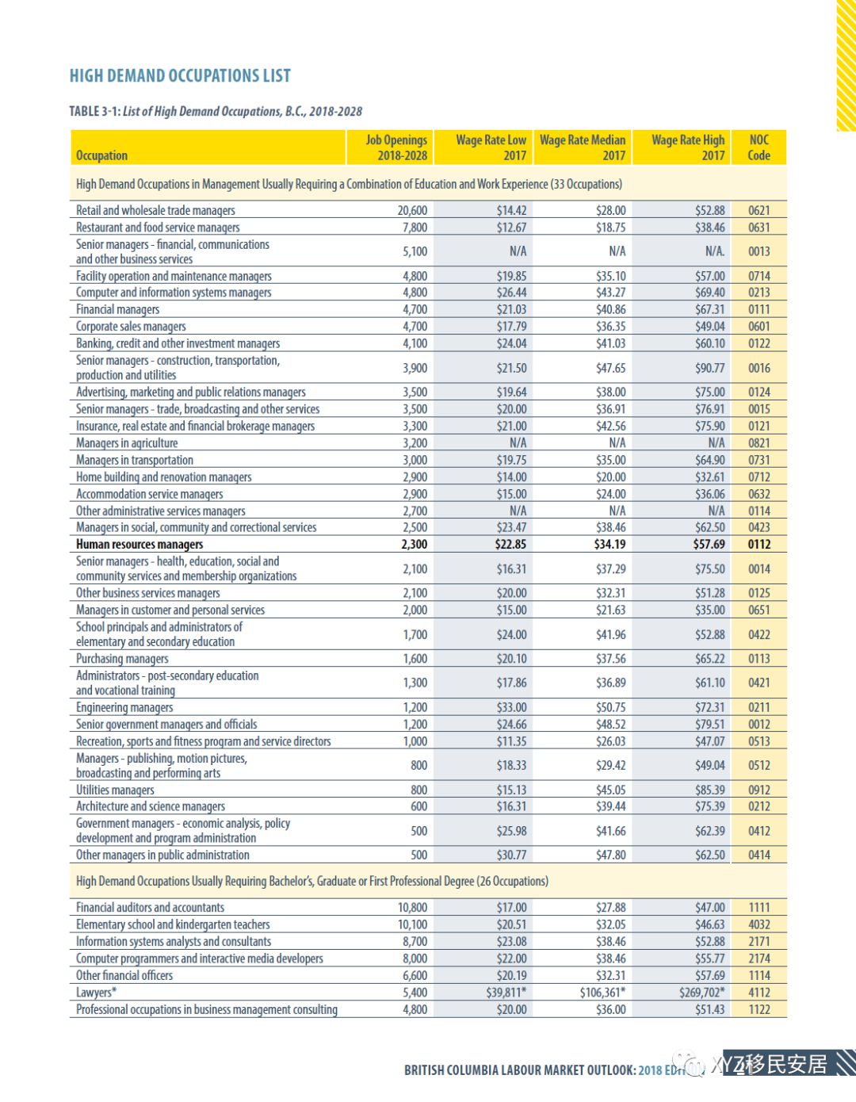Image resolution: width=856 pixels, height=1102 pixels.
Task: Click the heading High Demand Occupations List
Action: [x=180, y=76]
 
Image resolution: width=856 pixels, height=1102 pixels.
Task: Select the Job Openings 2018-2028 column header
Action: [x=396, y=147]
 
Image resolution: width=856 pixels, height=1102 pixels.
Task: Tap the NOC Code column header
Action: [x=759, y=147]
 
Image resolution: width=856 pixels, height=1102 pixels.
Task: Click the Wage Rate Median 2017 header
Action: [x=583, y=147]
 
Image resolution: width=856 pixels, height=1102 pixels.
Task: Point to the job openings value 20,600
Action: [x=412, y=210]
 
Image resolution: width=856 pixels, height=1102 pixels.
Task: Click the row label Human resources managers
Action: [x=139, y=545]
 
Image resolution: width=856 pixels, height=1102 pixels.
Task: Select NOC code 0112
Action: [x=759, y=545]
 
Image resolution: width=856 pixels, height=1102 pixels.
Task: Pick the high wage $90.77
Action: [x=709, y=368]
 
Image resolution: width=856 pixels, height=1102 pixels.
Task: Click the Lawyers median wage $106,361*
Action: [x=602, y=993]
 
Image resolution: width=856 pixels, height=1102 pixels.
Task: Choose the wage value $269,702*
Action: [x=701, y=993]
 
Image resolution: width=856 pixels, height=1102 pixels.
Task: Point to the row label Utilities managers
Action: [x=115, y=790]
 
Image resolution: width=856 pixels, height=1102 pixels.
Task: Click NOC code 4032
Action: [x=759, y=924]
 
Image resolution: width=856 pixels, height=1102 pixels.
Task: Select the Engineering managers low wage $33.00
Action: [x=511, y=707]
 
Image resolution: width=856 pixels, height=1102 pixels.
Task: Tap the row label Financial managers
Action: [x=117, y=310]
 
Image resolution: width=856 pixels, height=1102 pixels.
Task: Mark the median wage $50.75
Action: [x=610, y=707]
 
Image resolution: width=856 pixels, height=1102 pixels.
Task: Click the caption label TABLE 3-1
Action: [x=94, y=112]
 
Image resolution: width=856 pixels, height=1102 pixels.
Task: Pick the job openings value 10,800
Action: [x=412, y=908]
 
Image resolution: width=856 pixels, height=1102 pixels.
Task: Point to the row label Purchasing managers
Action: [x=122, y=659]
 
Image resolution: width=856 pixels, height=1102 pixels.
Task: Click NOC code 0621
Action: [x=759, y=210]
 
